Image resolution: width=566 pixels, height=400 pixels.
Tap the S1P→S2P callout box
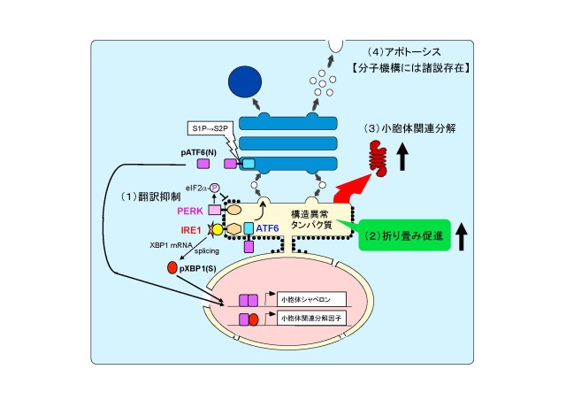(x=217, y=129)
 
